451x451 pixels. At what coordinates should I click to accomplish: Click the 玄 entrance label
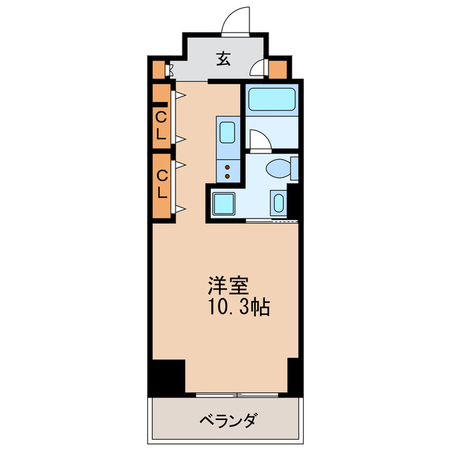(223, 60)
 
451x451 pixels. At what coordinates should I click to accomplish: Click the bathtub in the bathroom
(271, 99)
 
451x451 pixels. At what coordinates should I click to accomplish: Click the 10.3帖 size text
(237, 307)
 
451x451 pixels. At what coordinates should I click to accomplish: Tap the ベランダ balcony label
(227, 421)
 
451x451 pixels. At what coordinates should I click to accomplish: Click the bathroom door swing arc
(258, 138)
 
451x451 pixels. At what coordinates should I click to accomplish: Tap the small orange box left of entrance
(157, 70)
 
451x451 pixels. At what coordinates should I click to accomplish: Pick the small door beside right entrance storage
(259, 68)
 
